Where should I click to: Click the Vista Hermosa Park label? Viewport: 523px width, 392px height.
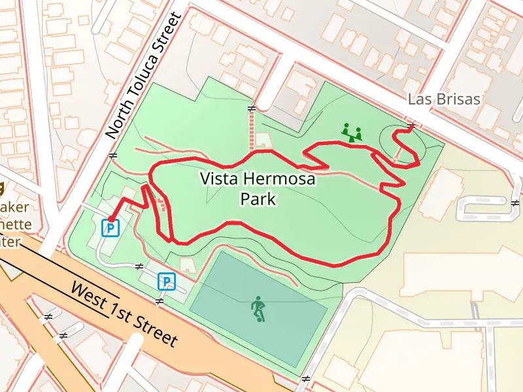[x=258, y=188]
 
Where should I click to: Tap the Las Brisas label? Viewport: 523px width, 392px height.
[x=444, y=99]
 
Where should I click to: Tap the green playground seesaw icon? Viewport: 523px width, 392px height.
[x=352, y=133]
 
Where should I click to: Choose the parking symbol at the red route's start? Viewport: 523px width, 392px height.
[x=110, y=227]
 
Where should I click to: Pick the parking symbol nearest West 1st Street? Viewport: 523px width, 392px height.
[x=167, y=282]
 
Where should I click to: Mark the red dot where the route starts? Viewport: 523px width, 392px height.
[x=110, y=219]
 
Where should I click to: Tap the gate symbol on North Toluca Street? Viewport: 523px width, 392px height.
[x=113, y=155]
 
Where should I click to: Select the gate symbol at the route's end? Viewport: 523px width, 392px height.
[x=411, y=125]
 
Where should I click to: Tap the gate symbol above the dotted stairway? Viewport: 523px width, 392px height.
[x=251, y=108]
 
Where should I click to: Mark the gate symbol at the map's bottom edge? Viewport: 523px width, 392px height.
[x=305, y=379]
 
